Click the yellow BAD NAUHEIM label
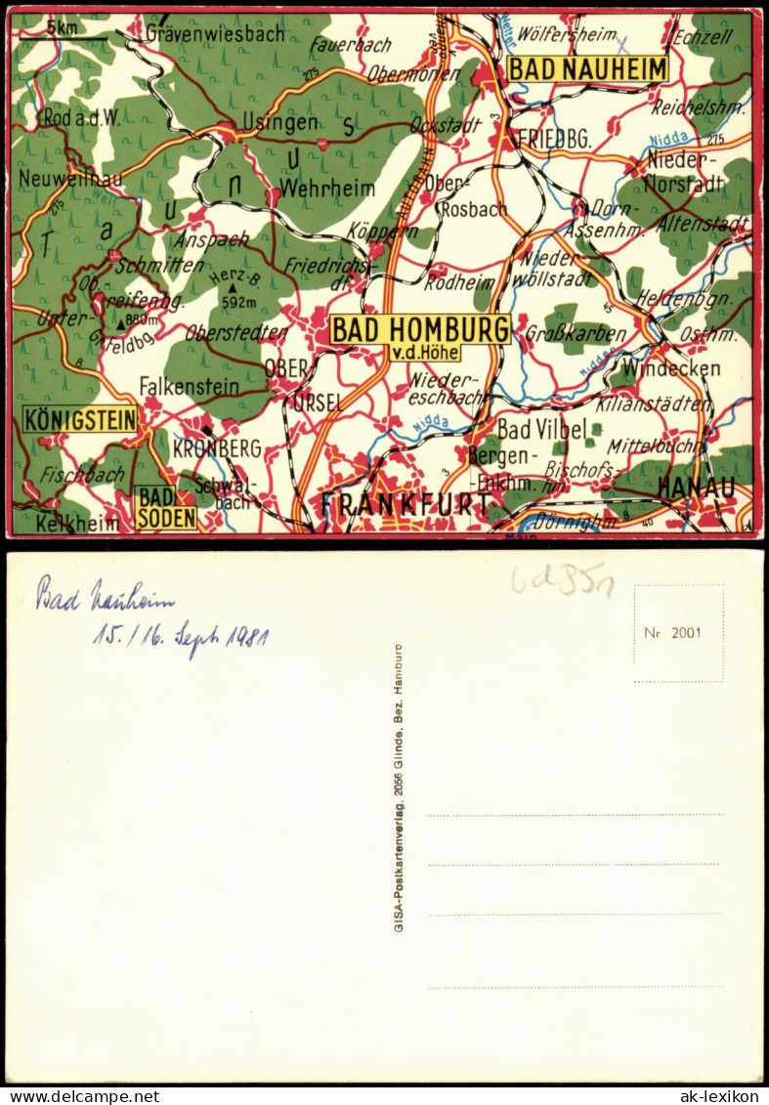587,69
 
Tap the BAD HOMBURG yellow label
420,329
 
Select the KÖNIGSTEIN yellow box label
80,419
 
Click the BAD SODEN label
165,508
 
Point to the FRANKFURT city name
406,504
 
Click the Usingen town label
285,122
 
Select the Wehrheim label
315,187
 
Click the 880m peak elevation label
142,320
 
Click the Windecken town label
670,368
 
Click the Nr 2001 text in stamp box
672,632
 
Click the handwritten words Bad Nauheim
106,595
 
